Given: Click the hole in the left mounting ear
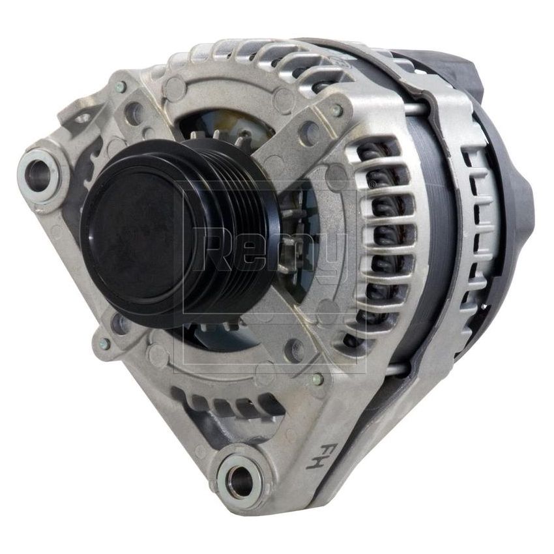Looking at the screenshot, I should tap(39, 171).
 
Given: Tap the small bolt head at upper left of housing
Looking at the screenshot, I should tap(121, 86).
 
